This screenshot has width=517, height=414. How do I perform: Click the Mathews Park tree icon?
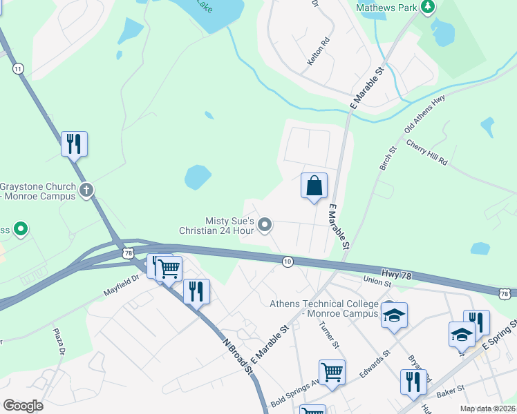coord(429,7)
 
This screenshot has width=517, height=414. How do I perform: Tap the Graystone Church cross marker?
coord(86,190)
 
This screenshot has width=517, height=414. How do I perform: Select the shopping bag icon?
coord(314,186)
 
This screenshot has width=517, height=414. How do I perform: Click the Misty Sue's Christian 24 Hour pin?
coord(265,224)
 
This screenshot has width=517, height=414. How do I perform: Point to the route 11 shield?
coord(18,68)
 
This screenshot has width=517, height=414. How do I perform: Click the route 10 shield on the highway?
coord(288,262)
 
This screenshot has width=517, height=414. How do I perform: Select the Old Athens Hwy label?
coord(424,111)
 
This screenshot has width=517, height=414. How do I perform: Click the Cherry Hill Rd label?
coord(427,152)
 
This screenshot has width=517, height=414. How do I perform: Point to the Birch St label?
coord(388,159)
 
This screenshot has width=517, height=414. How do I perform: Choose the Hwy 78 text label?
coord(396,275)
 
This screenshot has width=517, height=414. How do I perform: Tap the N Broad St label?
coord(238,355)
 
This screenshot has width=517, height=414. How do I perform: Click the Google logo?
coord(23,406)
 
